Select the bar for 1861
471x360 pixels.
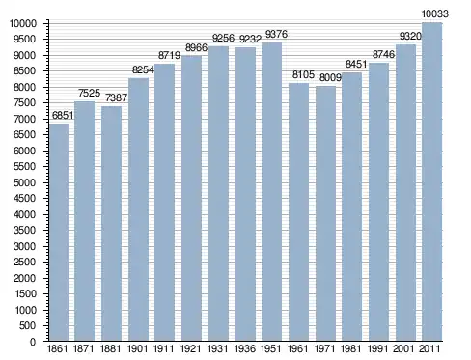pos(59,232)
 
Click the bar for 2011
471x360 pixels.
pos(431,181)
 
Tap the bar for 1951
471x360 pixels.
pos(271,192)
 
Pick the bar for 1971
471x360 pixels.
pos(325,213)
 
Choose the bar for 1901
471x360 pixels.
pos(138,209)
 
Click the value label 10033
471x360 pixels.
pos(434,14)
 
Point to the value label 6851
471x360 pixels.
pos(63,115)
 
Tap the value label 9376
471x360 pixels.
pos(276,34)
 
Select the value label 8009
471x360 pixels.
pos(330,77)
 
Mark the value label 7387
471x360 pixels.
pos(116,97)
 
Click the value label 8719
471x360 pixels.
pos(169,55)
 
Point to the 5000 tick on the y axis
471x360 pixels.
pos(25,182)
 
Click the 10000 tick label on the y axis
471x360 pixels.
pos(22,23)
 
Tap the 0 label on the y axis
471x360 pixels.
pos(33,342)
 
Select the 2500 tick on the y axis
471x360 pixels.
pos(25,263)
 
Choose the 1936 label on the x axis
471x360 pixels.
pos(245,348)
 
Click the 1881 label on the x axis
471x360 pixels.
pos(110,348)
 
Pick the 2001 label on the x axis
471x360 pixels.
pos(405,348)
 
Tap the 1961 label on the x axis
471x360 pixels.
pos(298,348)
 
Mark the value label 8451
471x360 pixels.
pos(356,65)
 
